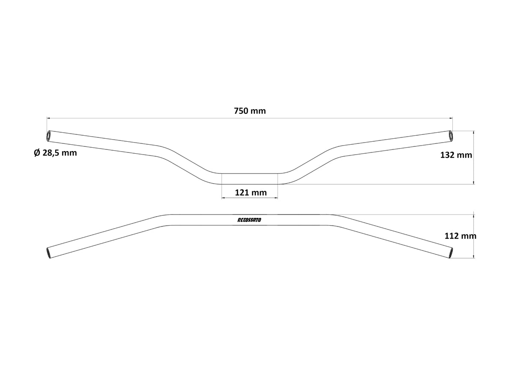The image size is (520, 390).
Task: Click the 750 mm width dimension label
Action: point(250,111)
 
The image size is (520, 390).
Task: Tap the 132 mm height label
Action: point(456,155)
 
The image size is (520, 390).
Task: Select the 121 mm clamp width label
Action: point(251,193)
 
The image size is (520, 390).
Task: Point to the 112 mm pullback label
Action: point(460,235)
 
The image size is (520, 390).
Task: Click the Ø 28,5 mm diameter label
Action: point(55,153)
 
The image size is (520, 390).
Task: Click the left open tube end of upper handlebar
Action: point(48,136)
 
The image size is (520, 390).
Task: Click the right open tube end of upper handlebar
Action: point(451,135)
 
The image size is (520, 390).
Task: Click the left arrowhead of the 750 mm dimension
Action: point(48,118)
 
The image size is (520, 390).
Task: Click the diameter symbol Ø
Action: point(36,153)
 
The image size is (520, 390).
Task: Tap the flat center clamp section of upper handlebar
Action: point(249,179)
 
